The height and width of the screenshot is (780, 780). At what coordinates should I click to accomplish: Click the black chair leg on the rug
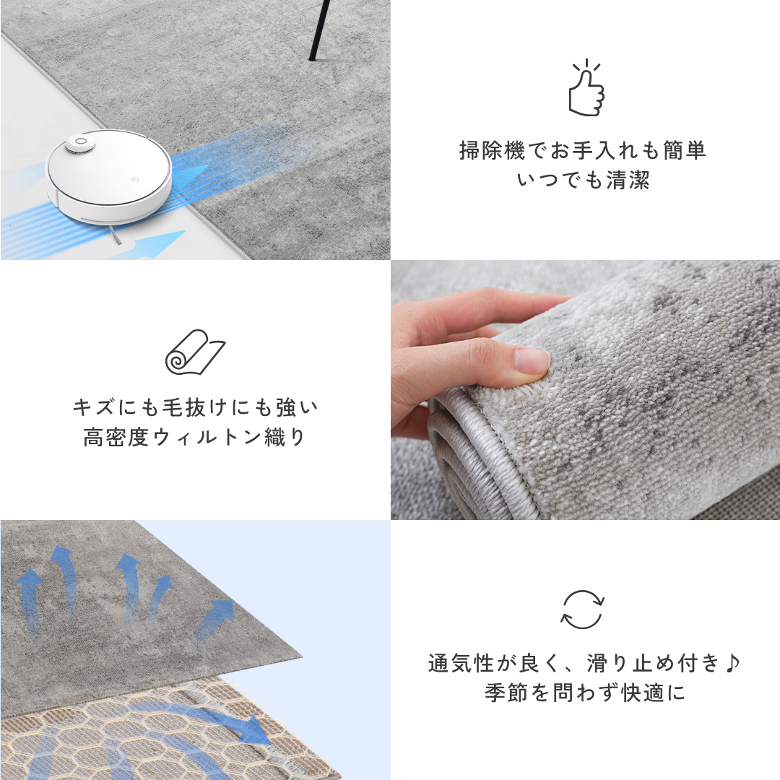(x=318, y=30)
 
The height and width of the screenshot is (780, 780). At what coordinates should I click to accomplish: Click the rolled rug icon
(x=194, y=352)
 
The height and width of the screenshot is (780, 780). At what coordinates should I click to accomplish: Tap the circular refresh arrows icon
(x=583, y=610)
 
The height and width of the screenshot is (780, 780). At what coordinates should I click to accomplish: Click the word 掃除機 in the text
(x=492, y=150)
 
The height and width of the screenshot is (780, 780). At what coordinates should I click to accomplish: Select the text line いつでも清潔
(x=583, y=180)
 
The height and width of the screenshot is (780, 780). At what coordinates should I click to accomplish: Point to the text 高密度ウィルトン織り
(x=194, y=437)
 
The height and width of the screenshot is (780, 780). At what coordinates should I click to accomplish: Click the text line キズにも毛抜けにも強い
(x=195, y=407)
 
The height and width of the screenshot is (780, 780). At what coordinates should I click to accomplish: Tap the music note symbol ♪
(x=733, y=663)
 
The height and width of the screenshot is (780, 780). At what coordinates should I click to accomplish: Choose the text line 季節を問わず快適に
(x=585, y=693)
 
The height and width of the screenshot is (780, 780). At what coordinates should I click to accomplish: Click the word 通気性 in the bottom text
(x=461, y=663)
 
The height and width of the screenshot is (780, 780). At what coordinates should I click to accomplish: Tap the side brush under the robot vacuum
(x=114, y=235)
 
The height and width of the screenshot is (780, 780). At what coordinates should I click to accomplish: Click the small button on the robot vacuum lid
(x=134, y=181)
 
